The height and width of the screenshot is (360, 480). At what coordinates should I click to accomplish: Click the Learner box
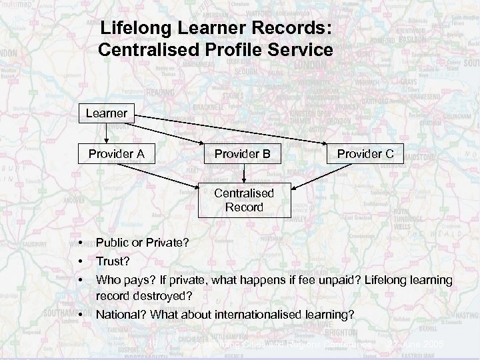click(107, 113)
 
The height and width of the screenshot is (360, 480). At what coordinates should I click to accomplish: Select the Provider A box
click(117, 154)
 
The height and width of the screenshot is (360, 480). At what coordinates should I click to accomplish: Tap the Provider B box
click(243, 154)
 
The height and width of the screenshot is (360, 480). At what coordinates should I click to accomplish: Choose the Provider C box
click(365, 154)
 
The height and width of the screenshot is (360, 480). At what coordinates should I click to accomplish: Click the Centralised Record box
click(243, 200)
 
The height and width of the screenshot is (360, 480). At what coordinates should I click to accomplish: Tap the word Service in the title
click(297, 49)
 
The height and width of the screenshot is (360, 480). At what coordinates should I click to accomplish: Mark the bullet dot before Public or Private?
click(79, 243)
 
